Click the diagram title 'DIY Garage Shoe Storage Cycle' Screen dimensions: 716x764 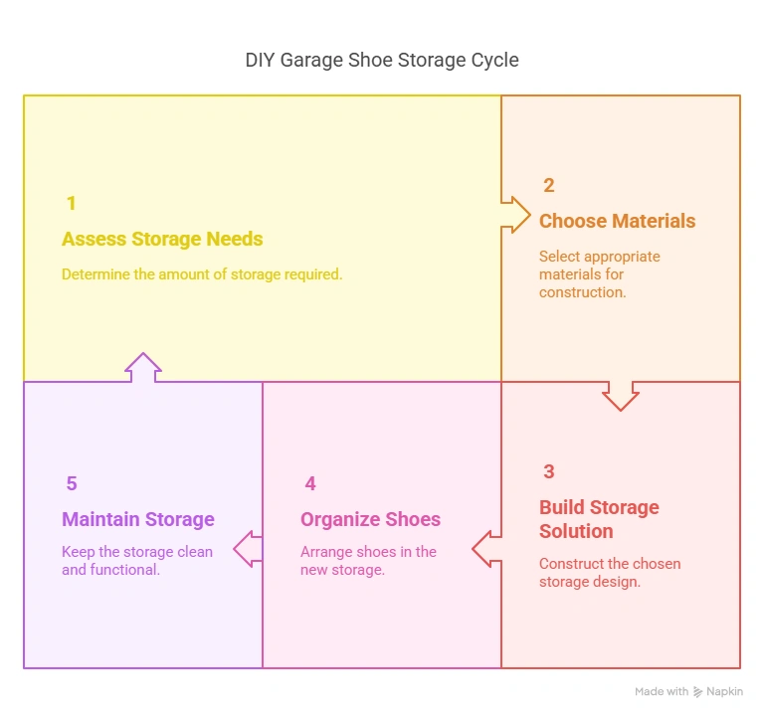click(x=382, y=60)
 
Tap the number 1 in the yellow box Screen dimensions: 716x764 click(x=71, y=203)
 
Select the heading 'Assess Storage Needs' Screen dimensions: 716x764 click(x=162, y=239)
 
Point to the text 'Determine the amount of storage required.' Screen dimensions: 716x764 click(x=202, y=273)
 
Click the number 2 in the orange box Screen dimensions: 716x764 click(x=548, y=185)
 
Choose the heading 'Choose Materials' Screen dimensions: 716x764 click(x=617, y=221)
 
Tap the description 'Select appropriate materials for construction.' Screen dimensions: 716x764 click(x=599, y=273)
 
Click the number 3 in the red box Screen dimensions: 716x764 click(x=548, y=471)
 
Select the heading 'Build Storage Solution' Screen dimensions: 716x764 click(x=599, y=518)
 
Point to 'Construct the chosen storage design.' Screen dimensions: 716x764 click(x=609, y=572)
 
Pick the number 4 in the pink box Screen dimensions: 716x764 click(x=310, y=483)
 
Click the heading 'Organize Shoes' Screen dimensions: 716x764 click(x=370, y=519)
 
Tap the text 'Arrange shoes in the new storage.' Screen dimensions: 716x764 click(x=368, y=561)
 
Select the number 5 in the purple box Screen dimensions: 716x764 click(x=71, y=483)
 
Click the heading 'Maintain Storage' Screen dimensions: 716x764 click(x=138, y=519)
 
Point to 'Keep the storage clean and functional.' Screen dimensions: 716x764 click(x=137, y=561)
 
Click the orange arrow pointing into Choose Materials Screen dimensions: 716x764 click(x=515, y=214)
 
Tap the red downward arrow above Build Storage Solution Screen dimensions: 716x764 click(x=621, y=395)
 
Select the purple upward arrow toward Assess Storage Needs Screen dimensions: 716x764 click(x=143, y=367)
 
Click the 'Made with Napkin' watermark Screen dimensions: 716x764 click(x=687, y=691)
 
